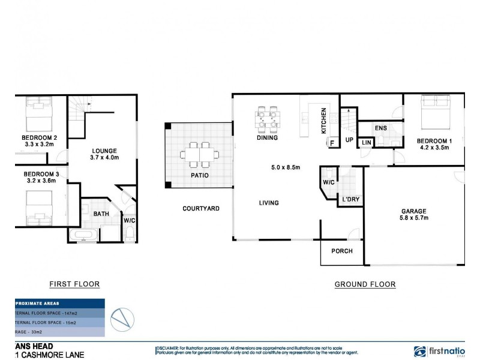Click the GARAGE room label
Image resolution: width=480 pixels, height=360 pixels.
[414, 211]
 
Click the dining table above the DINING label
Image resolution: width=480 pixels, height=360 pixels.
[267, 119]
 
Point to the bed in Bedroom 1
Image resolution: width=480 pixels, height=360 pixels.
[435, 113]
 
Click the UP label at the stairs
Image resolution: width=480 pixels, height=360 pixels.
[349, 140]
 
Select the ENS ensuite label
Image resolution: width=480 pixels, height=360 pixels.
[380, 128]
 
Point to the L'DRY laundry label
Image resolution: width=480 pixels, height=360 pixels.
[351, 199]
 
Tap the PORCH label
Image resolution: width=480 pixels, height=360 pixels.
[342, 251]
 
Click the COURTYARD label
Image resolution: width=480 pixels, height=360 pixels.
[201, 209]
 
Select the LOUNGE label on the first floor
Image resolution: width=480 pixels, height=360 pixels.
[104, 151]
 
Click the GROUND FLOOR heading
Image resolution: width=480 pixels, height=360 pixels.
[365, 284]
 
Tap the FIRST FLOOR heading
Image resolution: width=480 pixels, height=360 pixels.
[74, 284]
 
